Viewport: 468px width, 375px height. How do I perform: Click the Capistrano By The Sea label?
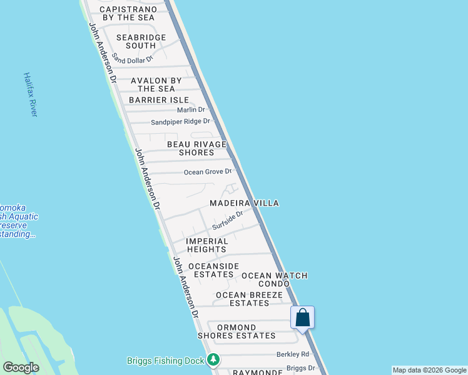click(x=127, y=14)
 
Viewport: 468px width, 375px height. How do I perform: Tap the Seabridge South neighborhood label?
click(x=141, y=41)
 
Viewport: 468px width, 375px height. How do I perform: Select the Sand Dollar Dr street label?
click(x=133, y=60)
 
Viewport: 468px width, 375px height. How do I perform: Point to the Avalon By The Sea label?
click(x=156, y=84)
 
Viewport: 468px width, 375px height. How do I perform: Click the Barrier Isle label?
click(x=159, y=100)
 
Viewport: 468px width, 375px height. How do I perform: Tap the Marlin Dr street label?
click(x=191, y=110)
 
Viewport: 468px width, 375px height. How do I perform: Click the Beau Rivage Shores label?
click(x=196, y=148)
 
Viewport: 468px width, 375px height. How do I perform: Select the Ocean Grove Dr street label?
click(x=208, y=172)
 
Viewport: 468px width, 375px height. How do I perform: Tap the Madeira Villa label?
click(x=244, y=203)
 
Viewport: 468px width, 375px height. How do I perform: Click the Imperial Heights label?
click(x=206, y=245)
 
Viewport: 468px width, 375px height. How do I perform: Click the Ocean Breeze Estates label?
click(x=249, y=299)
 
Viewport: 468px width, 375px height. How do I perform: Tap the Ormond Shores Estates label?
click(x=237, y=331)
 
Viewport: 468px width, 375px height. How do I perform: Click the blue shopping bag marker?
click(x=303, y=317)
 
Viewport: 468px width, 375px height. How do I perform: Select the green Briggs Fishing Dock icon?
click(x=214, y=360)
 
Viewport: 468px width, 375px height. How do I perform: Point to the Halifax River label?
click(x=31, y=94)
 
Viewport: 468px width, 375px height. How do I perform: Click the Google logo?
click(x=21, y=367)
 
